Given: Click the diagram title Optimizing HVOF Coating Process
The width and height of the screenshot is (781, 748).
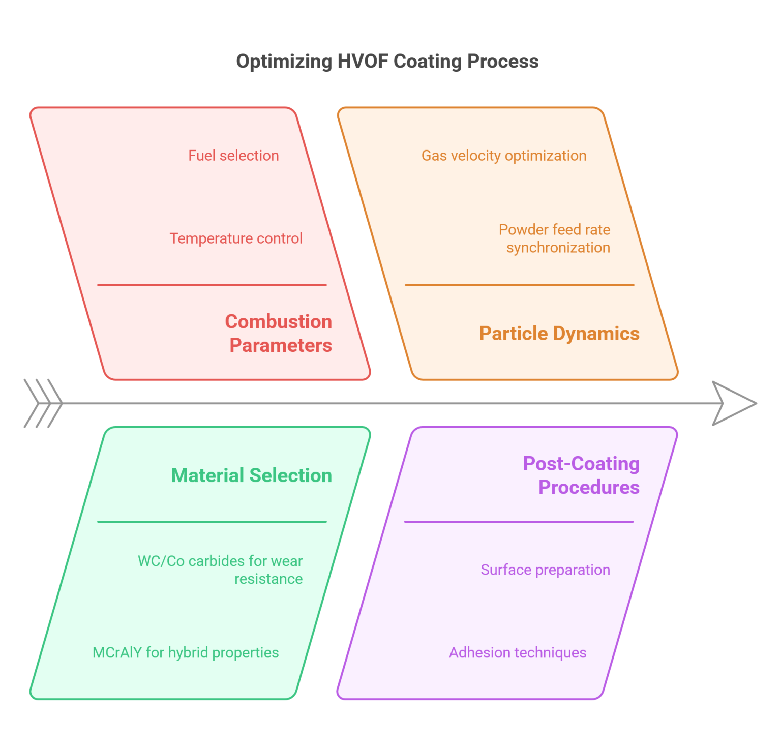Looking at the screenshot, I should [x=387, y=62].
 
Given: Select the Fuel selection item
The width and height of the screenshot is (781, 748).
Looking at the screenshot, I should [x=233, y=156].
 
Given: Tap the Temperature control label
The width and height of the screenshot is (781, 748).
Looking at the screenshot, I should [x=236, y=238].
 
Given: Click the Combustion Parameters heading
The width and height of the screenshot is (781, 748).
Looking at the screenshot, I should [x=279, y=334].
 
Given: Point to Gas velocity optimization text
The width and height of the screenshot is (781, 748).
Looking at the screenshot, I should [x=504, y=156].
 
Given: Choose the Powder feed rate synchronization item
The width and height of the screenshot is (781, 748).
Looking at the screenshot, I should [x=555, y=238].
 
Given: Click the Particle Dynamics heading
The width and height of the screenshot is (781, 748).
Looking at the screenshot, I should [x=559, y=334].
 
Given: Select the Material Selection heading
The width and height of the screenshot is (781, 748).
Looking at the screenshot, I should [x=252, y=475].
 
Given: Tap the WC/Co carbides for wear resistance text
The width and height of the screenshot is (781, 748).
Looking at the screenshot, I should [x=221, y=570].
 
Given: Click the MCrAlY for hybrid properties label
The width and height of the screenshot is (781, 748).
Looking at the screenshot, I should [x=186, y=653].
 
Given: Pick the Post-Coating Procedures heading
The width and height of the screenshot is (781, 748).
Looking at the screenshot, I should [x=582, y=475].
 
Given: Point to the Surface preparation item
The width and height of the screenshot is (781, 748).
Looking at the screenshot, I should [x=545, y=570].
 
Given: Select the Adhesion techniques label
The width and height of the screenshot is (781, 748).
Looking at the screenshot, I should [x=518, y=653].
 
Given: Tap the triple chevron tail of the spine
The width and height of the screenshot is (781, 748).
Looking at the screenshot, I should [x=43, y=403].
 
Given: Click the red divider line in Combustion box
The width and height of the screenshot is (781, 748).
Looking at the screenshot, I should [x=212, y=285].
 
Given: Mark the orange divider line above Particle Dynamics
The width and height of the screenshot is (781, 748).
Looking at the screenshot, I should [x=519, y=285].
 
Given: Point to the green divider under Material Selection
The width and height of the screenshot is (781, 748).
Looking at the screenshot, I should [x=212, y=522].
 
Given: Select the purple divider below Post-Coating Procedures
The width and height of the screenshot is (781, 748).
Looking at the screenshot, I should [x=519, y=522].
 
